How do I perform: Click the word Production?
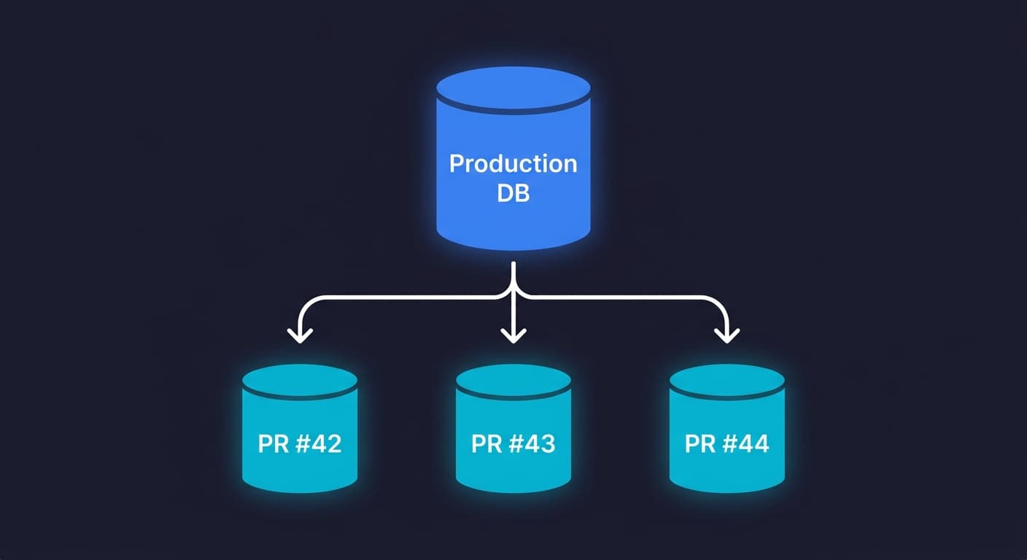click(x=513, y=163)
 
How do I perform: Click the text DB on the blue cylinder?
click(x=513, y=194)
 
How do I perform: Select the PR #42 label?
click(x=299, y=443)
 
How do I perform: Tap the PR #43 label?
click(x=513, y=443)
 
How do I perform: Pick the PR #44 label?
click(x=726, y=443)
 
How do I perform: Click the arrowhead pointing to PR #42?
click(x=299, y=335)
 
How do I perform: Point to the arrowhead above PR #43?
click(x=513, y=335)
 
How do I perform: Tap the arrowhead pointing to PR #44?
click(x=726, y=335)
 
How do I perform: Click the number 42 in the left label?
click(x=326, y=443)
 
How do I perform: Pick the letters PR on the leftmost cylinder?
click(x=273, y=443)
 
